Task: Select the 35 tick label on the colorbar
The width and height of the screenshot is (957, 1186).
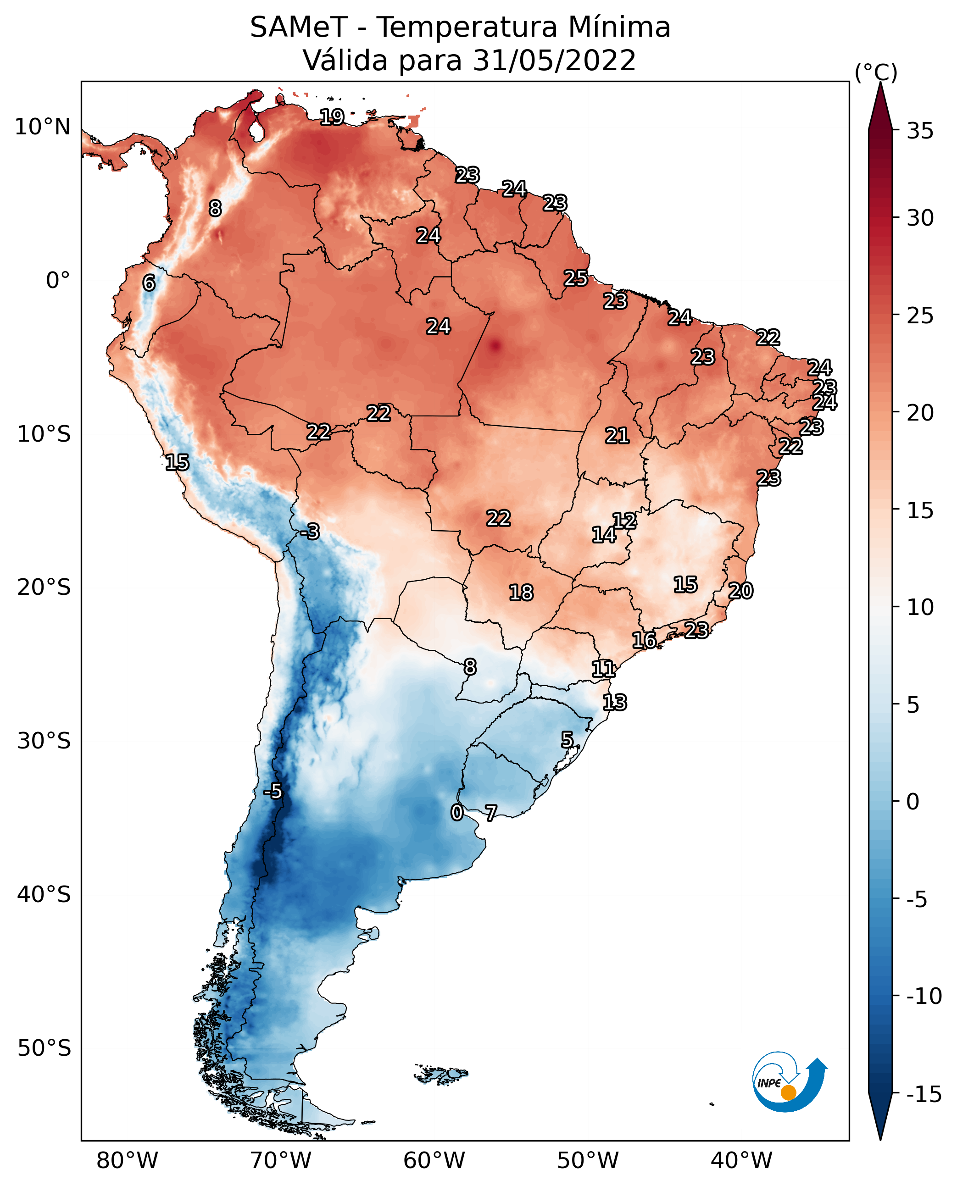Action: pyautogui.click(x=920, y=131)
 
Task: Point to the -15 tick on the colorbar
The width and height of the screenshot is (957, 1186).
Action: pyautogui.click(x=924, y=1095)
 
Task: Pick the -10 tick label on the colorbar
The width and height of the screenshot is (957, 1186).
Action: pyautogui.click(x=924, y=997)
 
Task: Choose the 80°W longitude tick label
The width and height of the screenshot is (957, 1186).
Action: pyautogui.click(x=127, y=1161)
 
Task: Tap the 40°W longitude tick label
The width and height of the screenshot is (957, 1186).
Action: pyautogui.click(x=741, y=1161)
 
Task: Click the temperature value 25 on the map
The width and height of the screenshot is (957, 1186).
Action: pyautogui.click(x=575, y=278)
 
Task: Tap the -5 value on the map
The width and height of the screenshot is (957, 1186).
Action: pyautogui.click(x=273, y=792)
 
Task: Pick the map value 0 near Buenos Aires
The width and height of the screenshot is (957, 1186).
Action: pyautogui.click(x=456, y=812)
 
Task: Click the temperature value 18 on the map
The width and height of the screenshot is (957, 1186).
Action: pyautogui.click(x=521, y=593)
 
